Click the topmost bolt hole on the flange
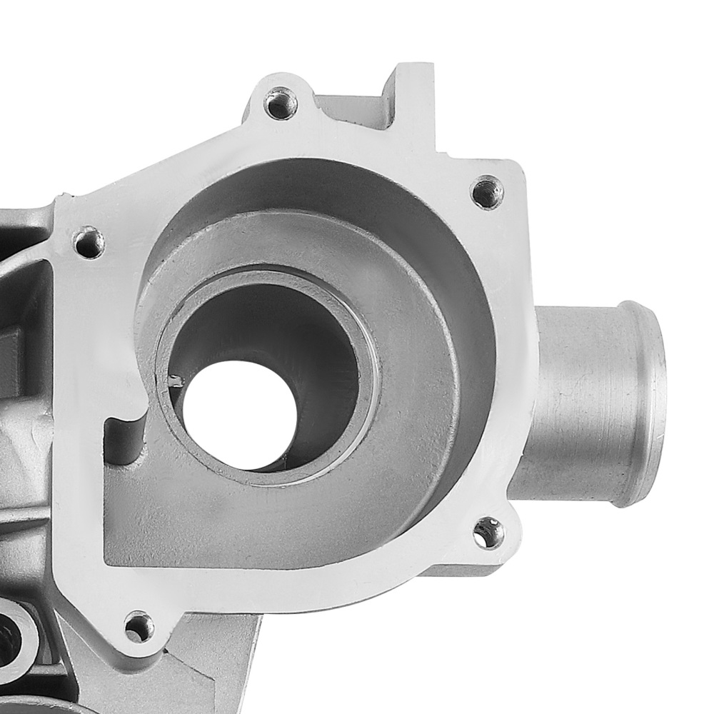tap(281, 104)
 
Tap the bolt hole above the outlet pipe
tap(488, 191)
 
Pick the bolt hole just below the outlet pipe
tap(489, 532)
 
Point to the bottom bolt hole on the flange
tap(139, 627)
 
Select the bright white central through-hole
tap(236, 407)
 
